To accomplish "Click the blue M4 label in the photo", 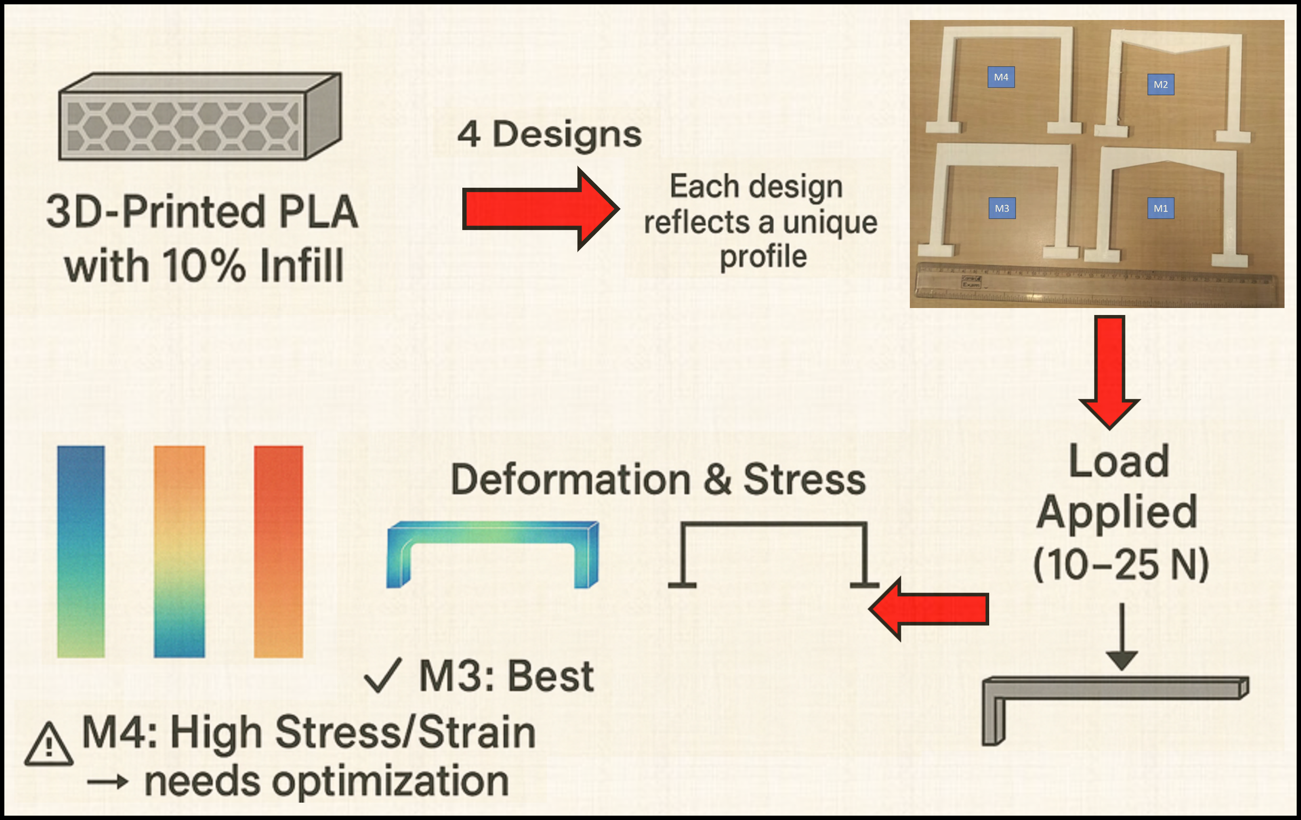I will tap(1000, 77).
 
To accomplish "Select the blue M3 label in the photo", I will tap(1002, 209).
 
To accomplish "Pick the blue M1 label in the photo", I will tap(1160, 209).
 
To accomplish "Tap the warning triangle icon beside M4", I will tap(49, 746).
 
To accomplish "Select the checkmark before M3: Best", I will tap(382, 676).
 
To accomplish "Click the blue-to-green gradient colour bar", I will tap(81, 551).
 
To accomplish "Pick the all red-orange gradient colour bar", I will tap(278, 551).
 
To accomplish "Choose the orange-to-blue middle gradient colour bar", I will tap(180, 551).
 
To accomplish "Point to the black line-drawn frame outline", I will tap(773, 525).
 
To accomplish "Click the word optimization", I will tap(389, 782).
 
